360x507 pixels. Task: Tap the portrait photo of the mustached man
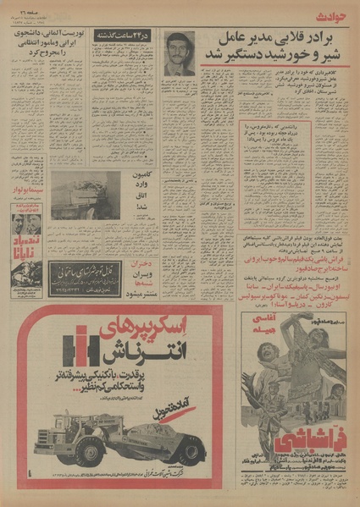click(179, 54)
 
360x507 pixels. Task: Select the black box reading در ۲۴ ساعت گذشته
click(125, 36)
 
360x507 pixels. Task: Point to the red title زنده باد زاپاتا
click(26, 246)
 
